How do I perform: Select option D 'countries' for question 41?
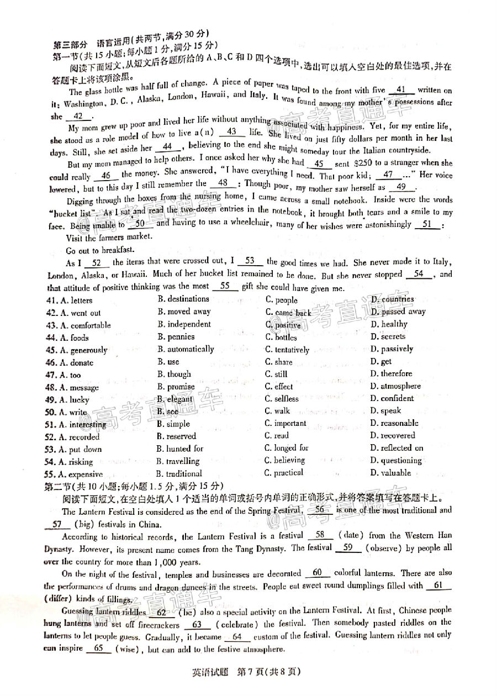coord(392,299)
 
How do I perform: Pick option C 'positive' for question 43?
coord(283,325)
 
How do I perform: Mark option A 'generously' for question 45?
coord(77,350)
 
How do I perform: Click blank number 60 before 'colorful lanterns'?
coord(317,573)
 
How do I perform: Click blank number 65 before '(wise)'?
coord(99,649)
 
